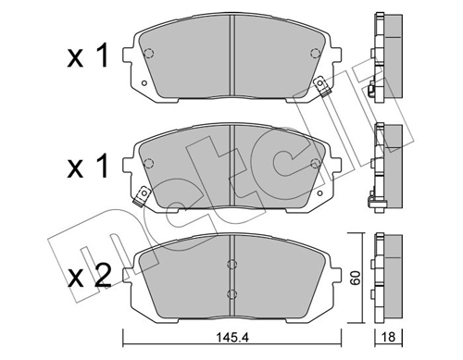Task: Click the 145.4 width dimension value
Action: (x=231, y=338)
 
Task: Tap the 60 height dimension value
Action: (x=357, y=278)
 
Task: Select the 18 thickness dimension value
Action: (x=389, y=337)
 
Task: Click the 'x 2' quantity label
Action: (x=90, y=276)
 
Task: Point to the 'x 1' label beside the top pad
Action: (x=88, y=56)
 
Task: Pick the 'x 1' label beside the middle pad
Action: (x=88, y=167)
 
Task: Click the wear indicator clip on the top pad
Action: (x=321, y=86)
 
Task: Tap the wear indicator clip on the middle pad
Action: (x=141, y=196)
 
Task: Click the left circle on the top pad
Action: (x=149, y=54)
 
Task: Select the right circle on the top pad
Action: (x=315, y=54)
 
